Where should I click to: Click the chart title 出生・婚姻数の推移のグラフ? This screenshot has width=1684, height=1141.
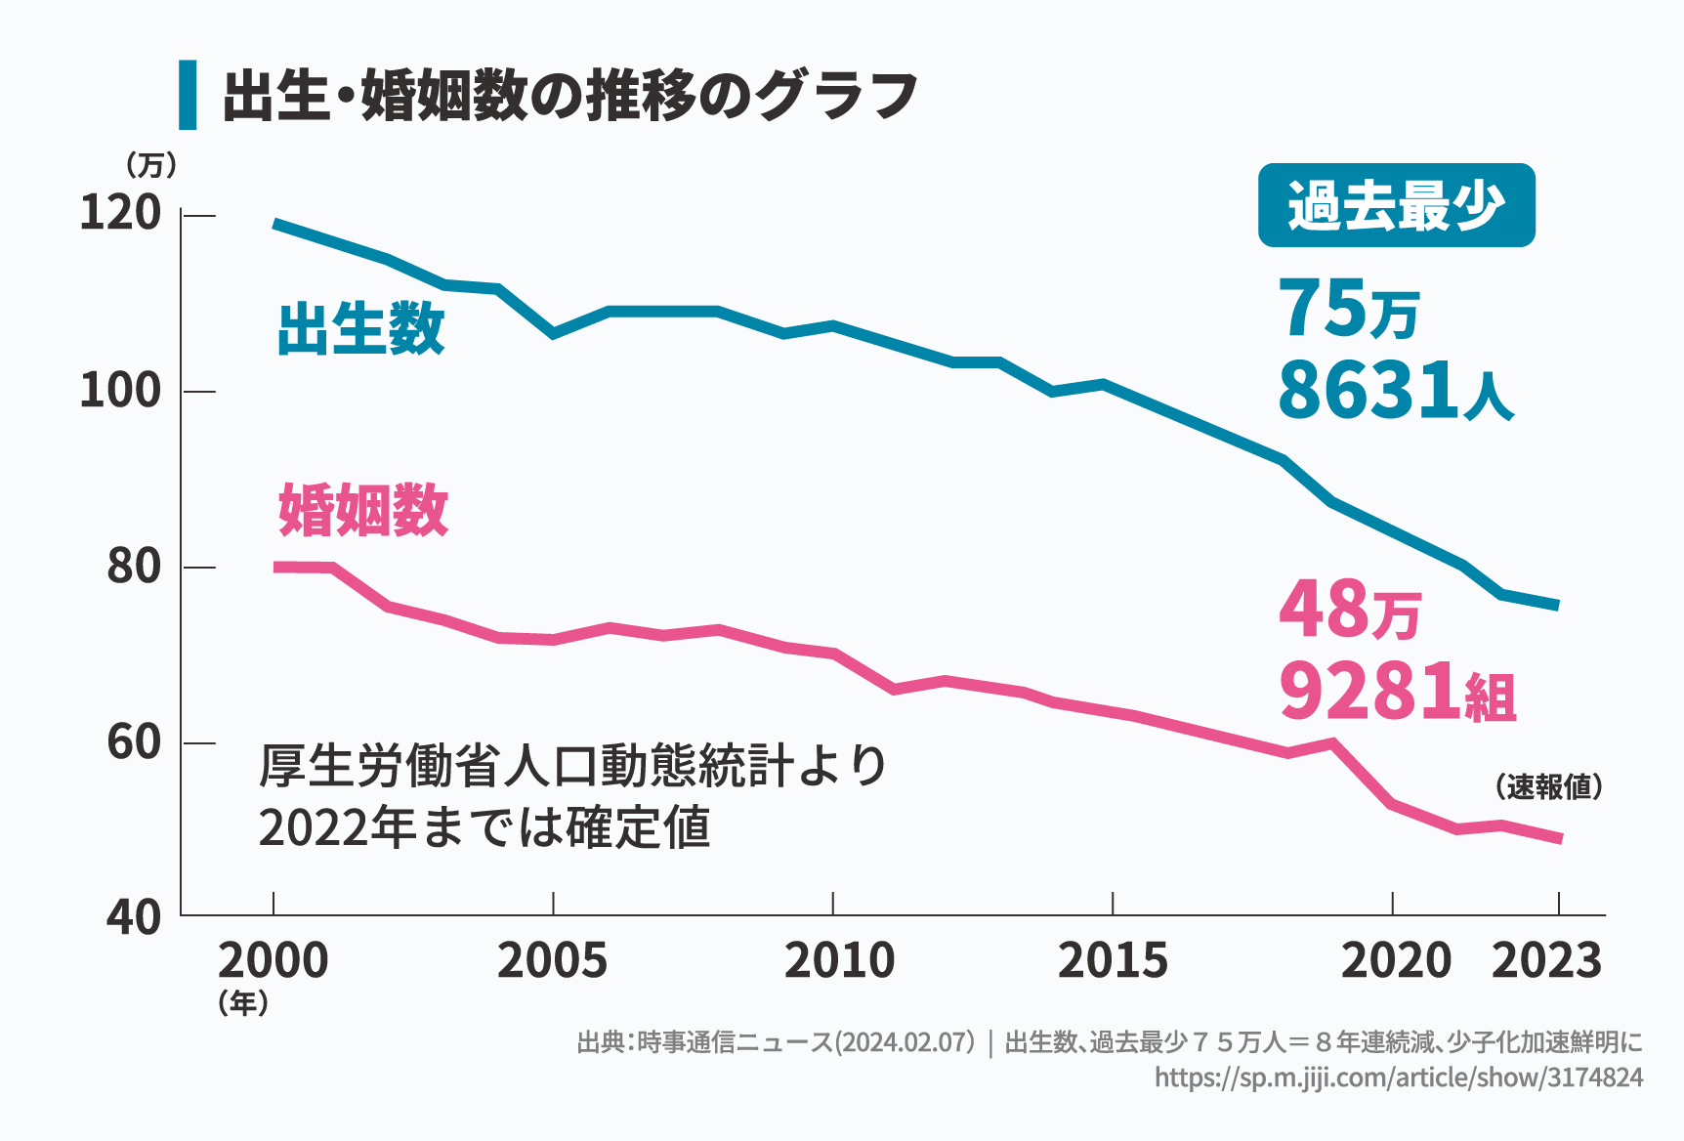click(569, 96)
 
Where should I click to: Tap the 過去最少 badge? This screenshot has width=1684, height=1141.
click(1396, 206)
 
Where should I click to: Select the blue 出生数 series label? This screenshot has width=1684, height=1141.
click(360, 328)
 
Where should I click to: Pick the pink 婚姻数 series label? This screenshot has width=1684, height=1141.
click(362, 510)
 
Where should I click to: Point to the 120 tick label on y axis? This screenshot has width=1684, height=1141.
click(120, 213)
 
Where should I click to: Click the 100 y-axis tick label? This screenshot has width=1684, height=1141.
click(120, 391)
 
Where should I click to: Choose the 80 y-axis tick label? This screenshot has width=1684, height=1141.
click(133, 567)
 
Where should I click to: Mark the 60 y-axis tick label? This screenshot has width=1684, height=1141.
click(133, 742)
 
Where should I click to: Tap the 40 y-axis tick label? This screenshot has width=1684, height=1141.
click(133, 917)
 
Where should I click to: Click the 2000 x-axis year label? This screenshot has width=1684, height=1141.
click(273, 961)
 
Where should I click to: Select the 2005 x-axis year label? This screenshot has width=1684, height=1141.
click(552, 961)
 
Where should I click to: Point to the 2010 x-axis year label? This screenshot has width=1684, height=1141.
click(839, 961)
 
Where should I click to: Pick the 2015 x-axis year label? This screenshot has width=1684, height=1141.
click(1113, 961)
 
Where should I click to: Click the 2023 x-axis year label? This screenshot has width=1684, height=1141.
click(1546, 961)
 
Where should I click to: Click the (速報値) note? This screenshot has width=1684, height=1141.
click(1548, 786)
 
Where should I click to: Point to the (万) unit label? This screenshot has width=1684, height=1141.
click(151, 165)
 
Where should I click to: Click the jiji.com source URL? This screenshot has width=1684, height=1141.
click(1399, 1078)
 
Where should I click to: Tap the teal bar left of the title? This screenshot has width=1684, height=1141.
click(188, 95)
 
